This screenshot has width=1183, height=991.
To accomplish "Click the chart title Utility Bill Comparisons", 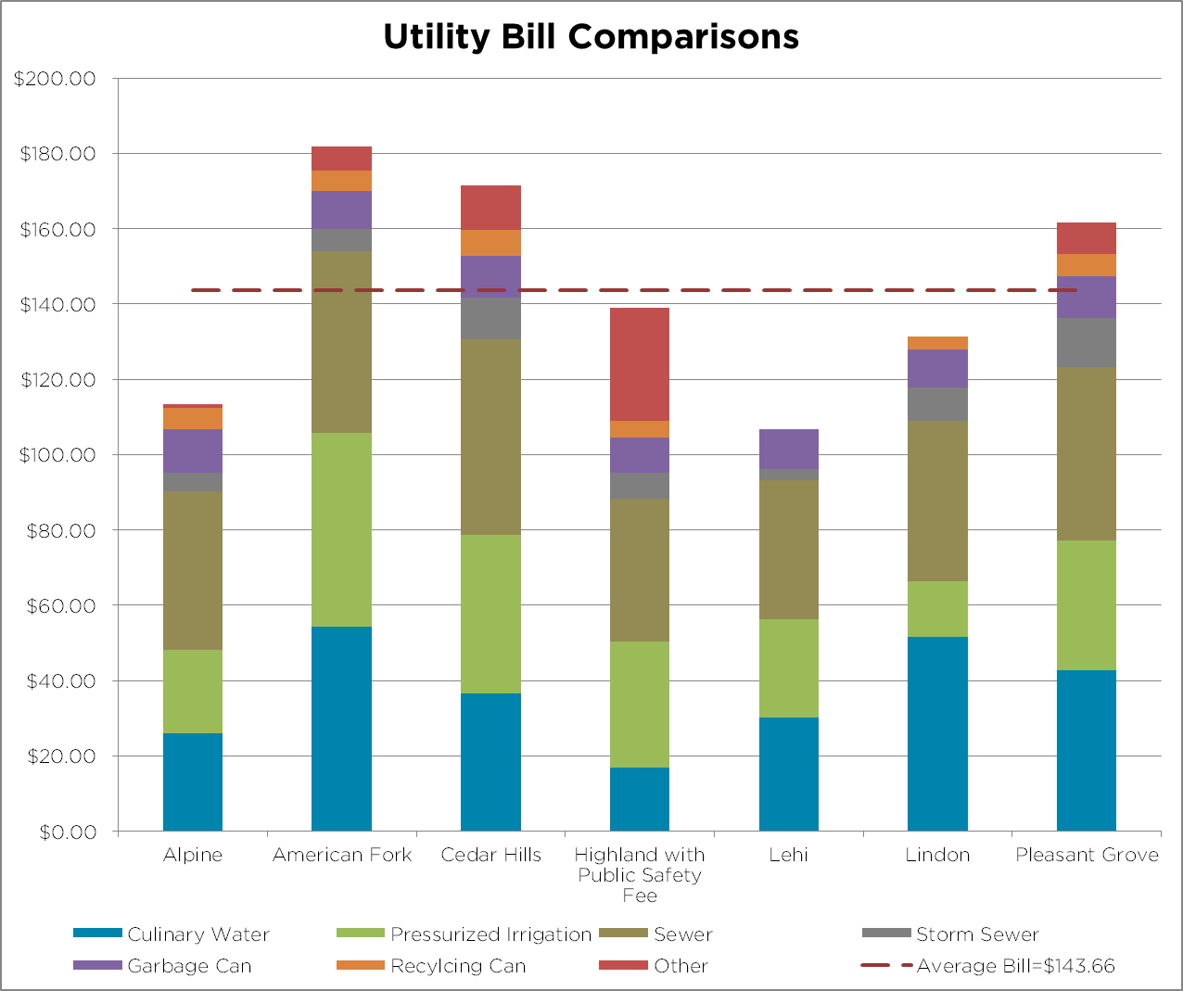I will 591,37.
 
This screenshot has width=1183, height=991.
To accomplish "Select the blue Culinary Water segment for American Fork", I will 341,729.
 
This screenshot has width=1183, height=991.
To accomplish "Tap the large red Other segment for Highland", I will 640,364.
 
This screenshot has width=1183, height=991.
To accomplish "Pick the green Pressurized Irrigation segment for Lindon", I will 937,609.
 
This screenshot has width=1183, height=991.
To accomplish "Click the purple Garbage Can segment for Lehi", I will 789,449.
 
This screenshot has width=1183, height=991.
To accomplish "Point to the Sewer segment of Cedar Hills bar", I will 490,437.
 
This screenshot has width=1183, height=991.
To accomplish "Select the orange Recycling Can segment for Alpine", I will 193,418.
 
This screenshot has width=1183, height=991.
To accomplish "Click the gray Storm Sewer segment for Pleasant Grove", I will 1087,342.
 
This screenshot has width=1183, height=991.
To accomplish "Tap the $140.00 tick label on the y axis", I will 57,304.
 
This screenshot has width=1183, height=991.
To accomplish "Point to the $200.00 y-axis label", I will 55,79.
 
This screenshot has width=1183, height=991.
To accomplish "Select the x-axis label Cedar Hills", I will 490,855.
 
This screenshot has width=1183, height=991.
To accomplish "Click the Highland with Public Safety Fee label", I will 640,874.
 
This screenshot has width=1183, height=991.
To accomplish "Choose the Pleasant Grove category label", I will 1087,855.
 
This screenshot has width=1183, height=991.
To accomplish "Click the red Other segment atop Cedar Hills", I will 490,207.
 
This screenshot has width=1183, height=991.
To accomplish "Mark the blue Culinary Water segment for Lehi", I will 789,774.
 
